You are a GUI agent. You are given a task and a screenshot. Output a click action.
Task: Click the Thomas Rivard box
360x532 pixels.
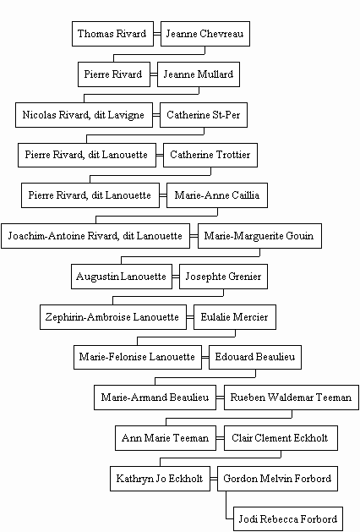tap(112, 34)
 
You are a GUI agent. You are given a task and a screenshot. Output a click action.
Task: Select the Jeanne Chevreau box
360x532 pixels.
tap(205, 34)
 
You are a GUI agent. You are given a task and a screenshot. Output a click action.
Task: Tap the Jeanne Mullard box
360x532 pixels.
tap(199, 74)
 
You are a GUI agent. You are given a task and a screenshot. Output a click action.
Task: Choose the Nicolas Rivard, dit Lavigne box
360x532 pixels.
tap(84, 115)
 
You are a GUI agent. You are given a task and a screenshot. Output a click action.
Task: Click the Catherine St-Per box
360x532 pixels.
tap(204, 115)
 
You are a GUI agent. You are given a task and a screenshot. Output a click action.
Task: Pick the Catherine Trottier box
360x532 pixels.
tap(210, 155)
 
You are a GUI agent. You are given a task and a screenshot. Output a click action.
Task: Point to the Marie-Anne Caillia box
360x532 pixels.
tap(217, 195)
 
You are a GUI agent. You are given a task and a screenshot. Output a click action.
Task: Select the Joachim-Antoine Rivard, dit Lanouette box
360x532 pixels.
tap(95, 236)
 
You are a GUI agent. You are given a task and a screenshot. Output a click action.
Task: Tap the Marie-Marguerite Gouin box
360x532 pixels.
tap(259, 236)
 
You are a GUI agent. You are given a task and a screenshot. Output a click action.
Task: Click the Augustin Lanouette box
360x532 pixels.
tap(122, 277)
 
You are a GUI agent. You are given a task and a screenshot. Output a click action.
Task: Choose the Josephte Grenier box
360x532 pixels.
tap(223, 277)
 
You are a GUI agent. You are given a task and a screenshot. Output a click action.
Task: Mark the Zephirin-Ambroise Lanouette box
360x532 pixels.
tap(113, 317)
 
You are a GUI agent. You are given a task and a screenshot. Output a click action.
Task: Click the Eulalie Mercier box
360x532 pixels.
tap(235, 317)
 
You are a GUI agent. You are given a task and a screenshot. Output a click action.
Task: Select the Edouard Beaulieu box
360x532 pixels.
tap(255, 357)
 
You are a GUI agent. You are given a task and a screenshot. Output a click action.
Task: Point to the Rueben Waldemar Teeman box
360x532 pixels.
tap(292, 398)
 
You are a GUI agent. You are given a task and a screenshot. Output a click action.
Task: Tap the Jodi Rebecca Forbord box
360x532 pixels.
tap(288, 519)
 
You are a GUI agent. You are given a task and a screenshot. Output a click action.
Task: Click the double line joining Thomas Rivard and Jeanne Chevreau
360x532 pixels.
tap(157, 34)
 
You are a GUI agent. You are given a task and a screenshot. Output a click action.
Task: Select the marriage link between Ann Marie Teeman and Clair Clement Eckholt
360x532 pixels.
tap(220, 438)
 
